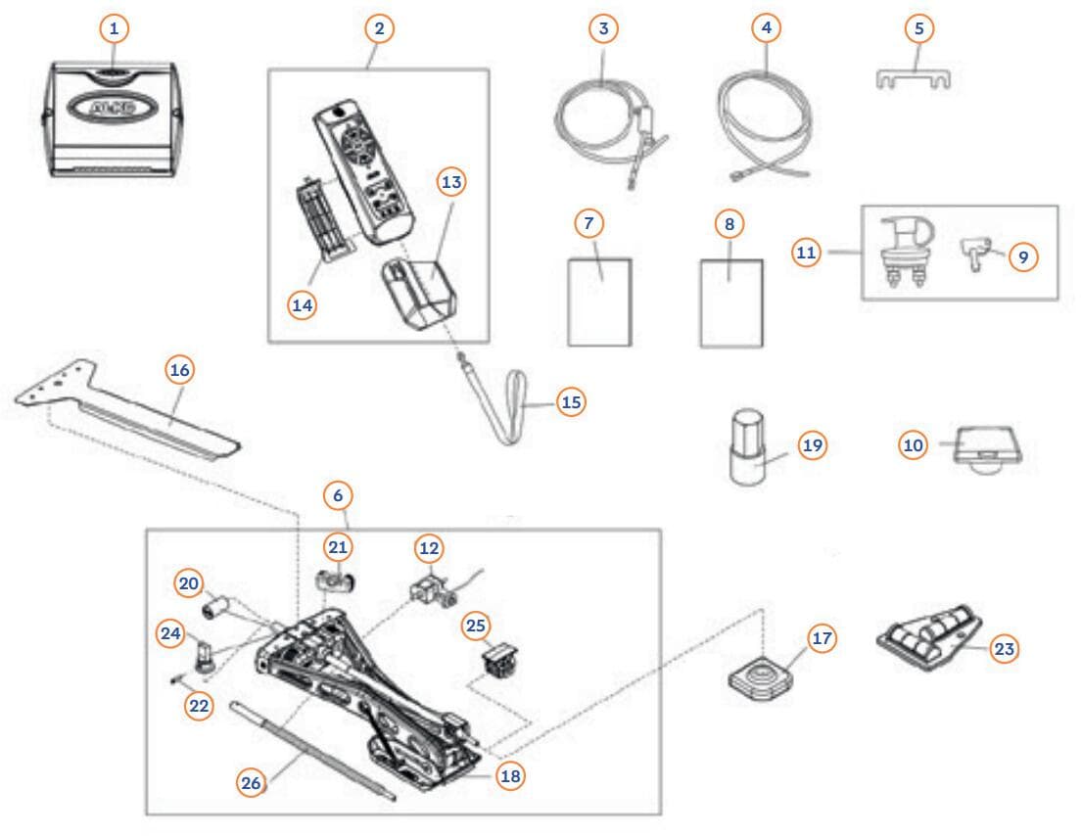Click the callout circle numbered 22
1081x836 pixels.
point(199,707)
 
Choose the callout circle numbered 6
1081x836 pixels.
point(338,495)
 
